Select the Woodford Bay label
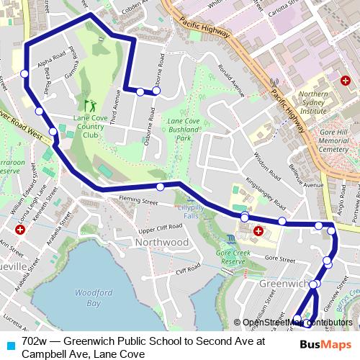[89, 298]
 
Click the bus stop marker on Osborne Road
[156, 91]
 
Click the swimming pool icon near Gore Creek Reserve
[230, 238]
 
